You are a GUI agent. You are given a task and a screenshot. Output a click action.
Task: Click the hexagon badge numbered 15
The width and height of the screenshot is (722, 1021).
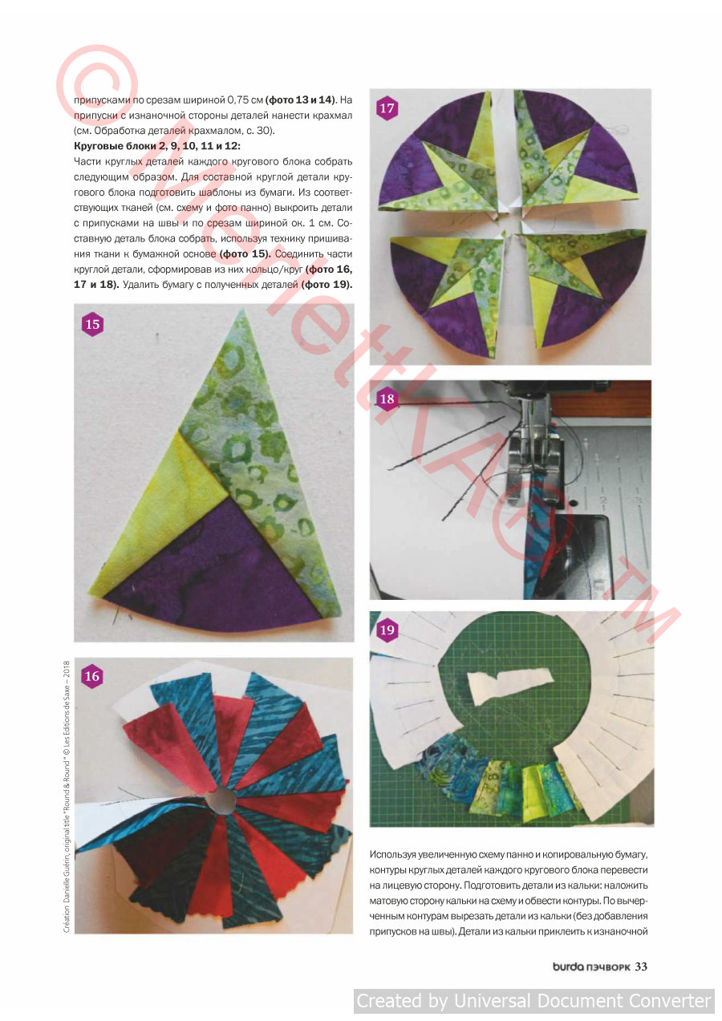(92, 324)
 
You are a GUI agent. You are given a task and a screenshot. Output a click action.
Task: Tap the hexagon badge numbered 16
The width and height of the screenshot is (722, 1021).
(92, 676)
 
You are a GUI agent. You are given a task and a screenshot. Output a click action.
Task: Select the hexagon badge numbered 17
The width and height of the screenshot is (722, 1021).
(387, 108)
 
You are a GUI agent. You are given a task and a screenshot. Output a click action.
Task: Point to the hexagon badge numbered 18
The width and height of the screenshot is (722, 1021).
(387, 399)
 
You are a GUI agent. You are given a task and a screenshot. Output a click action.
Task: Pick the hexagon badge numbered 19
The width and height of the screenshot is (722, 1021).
(387, 630)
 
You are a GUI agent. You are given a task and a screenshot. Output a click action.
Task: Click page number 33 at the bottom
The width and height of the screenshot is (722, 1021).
(641, 966)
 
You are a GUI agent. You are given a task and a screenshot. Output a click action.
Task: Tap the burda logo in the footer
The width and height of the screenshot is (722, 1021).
(568, 966)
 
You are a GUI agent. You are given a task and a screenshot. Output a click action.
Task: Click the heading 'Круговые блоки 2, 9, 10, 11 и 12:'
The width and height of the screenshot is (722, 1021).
(157, 146)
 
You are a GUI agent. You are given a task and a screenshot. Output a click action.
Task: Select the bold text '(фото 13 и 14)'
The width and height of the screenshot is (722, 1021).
(301, 99)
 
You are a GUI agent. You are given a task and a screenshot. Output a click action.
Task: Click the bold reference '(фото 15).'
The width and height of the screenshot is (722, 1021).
(245, 254)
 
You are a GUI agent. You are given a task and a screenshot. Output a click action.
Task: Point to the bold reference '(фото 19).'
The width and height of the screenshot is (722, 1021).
(327, 285)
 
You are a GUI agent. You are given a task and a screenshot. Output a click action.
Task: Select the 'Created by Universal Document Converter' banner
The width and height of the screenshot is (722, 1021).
(533, 1001)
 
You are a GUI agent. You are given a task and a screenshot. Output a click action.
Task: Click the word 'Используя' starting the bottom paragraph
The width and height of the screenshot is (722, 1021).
(390, 854)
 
